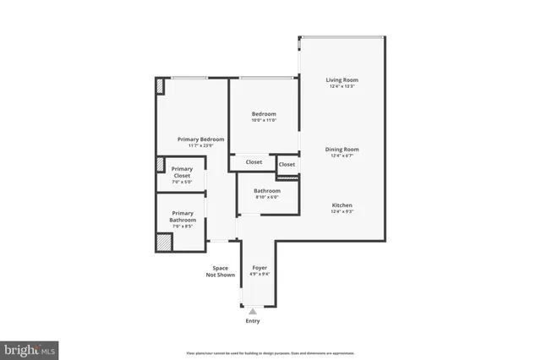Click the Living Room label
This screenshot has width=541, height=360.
[x=342, y=80]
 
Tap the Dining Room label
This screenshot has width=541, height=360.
[x=342, y=150]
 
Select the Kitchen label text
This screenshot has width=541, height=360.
[x=342, y=205]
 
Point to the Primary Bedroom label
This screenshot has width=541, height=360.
[x=200, y=139]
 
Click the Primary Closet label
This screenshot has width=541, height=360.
[x=182, y=172]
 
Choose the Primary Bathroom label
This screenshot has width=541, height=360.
[x=183, y=216]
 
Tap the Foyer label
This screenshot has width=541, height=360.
[x=260, y=268]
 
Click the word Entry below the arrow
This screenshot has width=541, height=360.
[x=253, y=321]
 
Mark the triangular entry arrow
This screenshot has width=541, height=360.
[x=252, y=311]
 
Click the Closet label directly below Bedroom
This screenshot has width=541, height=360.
[x=254, y=162]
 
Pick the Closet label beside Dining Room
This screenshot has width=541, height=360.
[x=287, y=164]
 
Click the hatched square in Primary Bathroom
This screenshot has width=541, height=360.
[x=163, y=243]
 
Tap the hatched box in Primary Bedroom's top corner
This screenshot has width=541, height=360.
[x=159, y=85]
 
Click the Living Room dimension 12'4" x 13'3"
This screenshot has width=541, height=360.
[x=342, y=86]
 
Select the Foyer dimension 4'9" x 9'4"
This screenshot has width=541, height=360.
[x=260, y=274]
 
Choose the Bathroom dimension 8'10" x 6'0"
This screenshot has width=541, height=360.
[x=266, y=197]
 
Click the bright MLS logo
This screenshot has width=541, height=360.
[x=30, y=348]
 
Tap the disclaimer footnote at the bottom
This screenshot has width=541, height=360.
[x=270, y=353]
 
